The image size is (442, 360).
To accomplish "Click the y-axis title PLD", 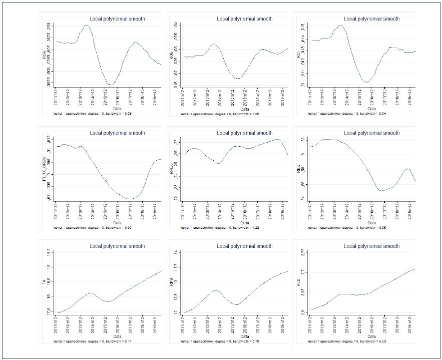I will [299, 283].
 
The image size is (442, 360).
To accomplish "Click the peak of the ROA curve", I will [86, 25].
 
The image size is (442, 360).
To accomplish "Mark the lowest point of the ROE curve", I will [239, 79].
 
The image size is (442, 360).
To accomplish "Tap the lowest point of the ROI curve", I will [367, 82].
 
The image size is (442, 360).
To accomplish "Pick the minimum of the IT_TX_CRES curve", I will [130, 199].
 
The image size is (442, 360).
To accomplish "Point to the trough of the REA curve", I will [381, 191].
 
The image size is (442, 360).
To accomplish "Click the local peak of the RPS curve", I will [215, 290].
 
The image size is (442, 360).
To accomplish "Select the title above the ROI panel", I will [372, 19].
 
